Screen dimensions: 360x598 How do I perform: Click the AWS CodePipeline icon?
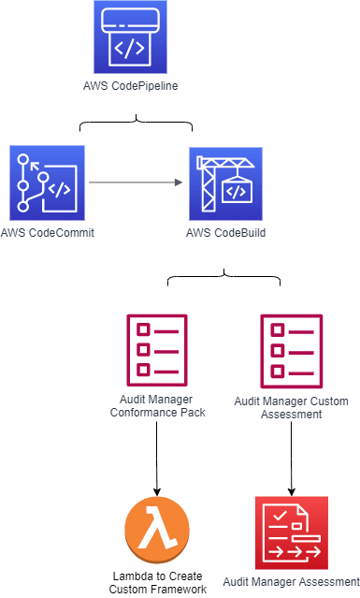[x=130, y=37]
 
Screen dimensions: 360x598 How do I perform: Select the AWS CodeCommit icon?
[x=48, y=183]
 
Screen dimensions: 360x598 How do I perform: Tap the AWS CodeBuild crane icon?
[x=226, y=183]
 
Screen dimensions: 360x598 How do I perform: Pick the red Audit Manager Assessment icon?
[x=292, y=532]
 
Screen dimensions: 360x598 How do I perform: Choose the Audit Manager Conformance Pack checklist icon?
[x=157, y=350]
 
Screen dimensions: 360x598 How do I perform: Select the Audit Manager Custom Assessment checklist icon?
[x=292, y=351]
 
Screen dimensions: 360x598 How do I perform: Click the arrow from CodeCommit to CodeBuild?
[x=136, y=182]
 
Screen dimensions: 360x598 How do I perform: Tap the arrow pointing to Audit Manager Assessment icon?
[x=292, y=459]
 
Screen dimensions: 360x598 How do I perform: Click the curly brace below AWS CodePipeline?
[x=136, y=122]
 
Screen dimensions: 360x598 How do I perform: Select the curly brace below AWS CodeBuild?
[x=224, y=276]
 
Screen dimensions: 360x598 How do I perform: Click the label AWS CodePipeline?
[x=131, y=86]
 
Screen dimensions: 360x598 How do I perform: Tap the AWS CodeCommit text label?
[x=48, y=233]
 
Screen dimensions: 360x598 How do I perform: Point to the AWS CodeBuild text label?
[x=226, y=233]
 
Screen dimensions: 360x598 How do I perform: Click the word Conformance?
[x=143, y=413]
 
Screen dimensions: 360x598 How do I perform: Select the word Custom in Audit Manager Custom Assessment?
[x=329, y=401]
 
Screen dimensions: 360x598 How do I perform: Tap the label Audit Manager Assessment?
[x=292, y=582]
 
